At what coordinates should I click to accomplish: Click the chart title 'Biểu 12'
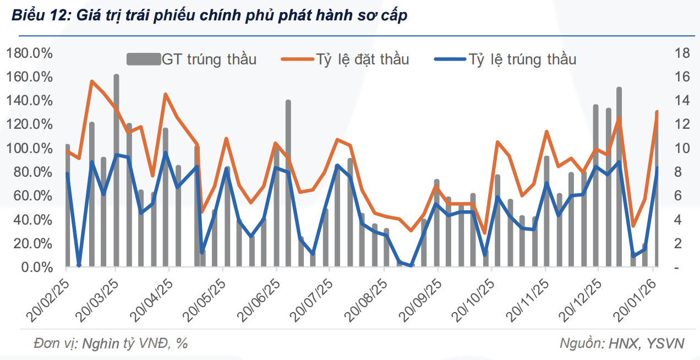click(210, 16)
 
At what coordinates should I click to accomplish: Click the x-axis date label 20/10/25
click(473, 300)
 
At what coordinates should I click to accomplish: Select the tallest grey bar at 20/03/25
click(116, 171)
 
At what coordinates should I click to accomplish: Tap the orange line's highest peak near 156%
click(92, 81)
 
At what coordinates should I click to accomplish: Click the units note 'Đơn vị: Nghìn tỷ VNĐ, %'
click(111, 343)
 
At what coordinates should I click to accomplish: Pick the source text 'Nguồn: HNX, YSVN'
click(622, 343)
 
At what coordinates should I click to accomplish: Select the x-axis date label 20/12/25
click(581, 300)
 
